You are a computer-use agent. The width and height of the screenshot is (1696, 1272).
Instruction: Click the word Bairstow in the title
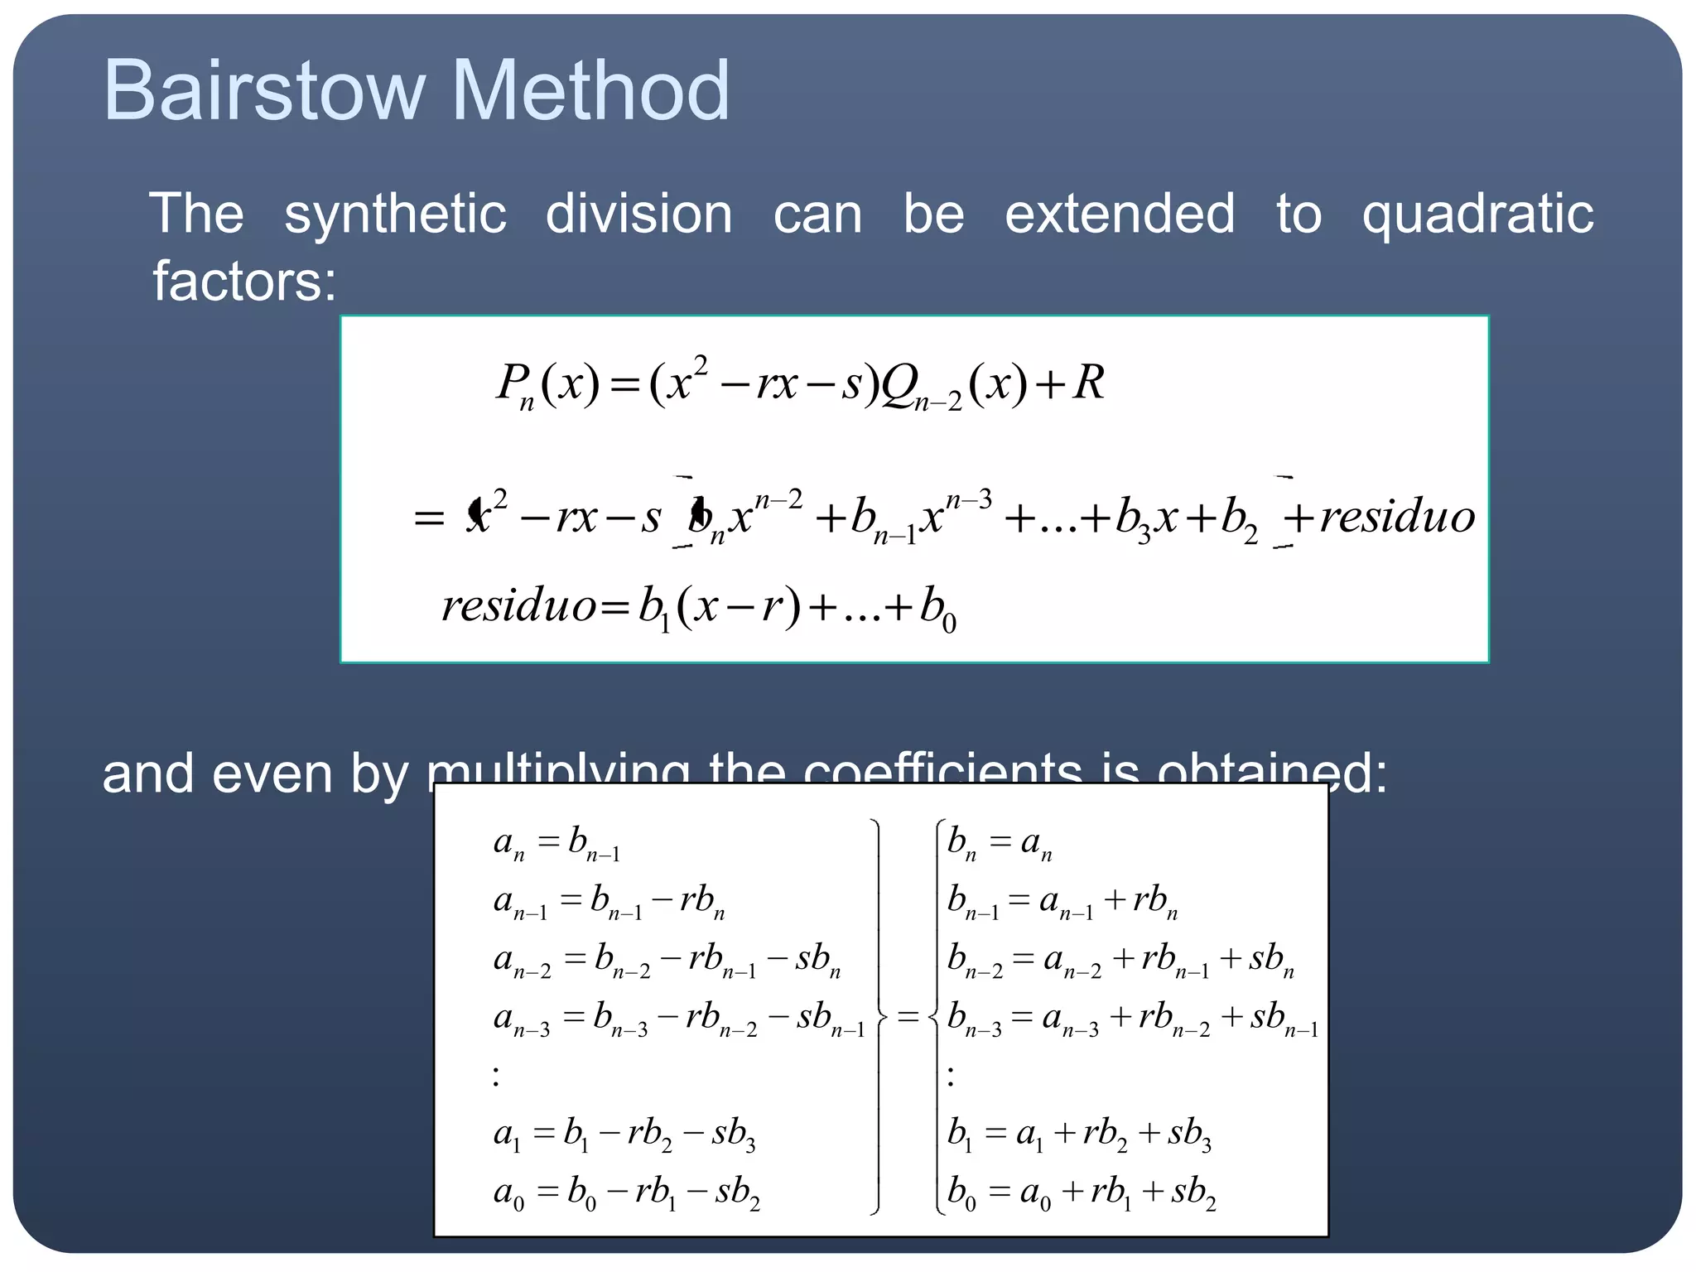tap(263, 90)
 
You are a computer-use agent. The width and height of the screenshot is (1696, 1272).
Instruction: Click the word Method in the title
tap(590, 90)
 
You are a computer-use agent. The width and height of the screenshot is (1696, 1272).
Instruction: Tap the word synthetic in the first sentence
tap(395, 214)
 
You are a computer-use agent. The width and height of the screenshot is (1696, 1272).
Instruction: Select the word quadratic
tap(1477, 214)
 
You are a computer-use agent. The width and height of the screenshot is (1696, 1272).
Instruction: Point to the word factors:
tap(244, 281)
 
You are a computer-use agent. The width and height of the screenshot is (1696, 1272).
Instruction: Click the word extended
tap(1120, 214)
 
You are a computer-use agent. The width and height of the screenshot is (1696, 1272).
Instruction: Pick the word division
tap(638, 214)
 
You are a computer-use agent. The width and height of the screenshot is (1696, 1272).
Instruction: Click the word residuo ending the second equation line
tap(1397, 517)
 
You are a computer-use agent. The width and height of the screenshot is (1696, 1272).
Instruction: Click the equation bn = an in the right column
tap(1000, 844)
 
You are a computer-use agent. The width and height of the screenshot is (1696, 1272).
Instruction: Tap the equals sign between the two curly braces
tap(908, 1016)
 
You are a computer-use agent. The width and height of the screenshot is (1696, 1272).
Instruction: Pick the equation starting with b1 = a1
tap(1078, 1134)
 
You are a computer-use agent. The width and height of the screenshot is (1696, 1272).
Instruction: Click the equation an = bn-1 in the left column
tap(556, 844)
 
